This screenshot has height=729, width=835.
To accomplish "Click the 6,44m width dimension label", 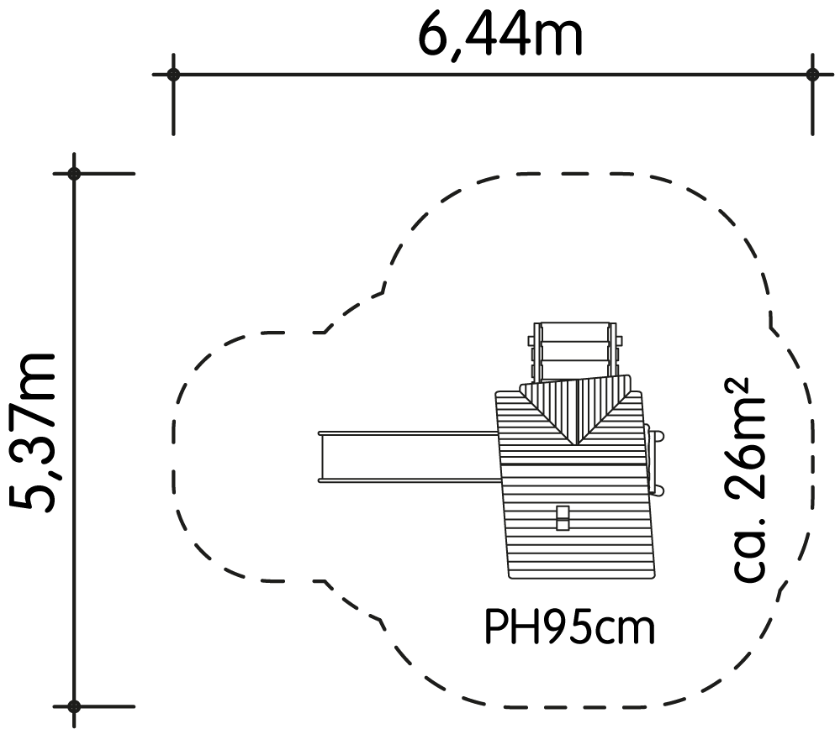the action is tap(500, 35).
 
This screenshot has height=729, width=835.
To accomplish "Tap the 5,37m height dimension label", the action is tap(33, 433).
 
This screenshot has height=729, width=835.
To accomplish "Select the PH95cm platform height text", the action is tap(569, 627).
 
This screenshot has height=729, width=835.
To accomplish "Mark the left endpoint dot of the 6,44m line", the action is tap(173, 75).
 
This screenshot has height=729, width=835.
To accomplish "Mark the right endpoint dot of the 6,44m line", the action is tap(812, 75).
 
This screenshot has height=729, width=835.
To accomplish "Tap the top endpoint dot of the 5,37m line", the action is tap(74, 173).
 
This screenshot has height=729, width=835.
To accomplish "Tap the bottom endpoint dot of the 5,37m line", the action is tap(74, 706).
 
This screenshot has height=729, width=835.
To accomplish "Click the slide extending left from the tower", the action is tap(409, 457).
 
